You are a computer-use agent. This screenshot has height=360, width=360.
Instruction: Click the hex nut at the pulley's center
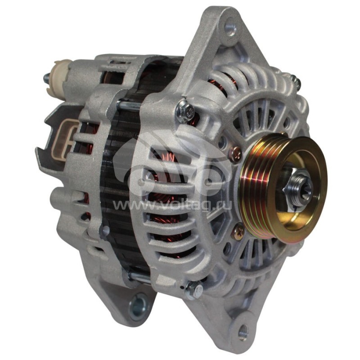point(297,188)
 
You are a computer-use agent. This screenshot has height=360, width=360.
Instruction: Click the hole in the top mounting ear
point(230,28)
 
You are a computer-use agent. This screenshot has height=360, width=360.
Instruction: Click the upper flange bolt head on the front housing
point(185,112)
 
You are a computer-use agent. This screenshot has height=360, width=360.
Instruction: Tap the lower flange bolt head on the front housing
point(194,290)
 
